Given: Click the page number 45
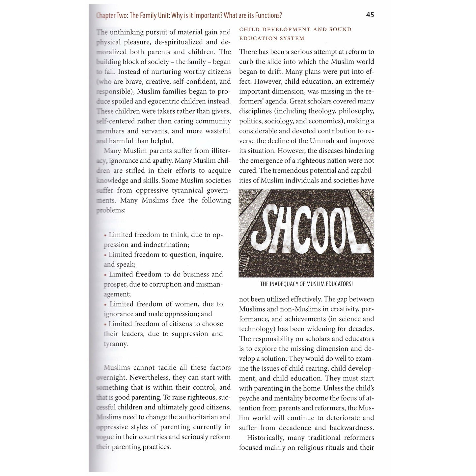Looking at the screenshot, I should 370,15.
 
